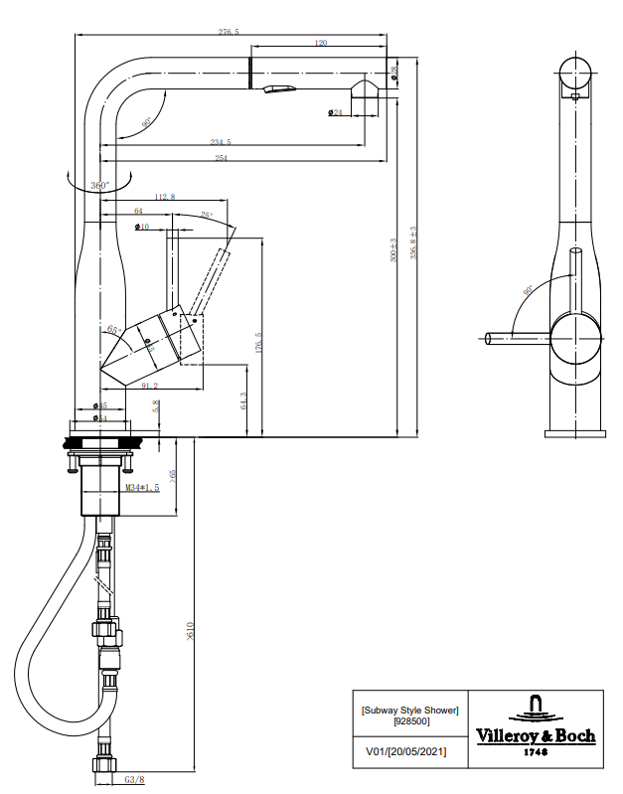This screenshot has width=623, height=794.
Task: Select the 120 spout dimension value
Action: (x=321, y=44)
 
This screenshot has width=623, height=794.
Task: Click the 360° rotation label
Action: (x=99, y=186)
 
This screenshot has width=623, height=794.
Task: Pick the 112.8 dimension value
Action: (x=164, y=198)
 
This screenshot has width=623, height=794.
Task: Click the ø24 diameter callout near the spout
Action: (x=334, y=112)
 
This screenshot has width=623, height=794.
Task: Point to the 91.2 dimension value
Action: (x=152, y=386)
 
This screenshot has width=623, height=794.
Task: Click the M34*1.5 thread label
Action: (x=142, y=487)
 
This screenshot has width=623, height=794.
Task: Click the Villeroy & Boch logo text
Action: (x=536, y=735)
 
